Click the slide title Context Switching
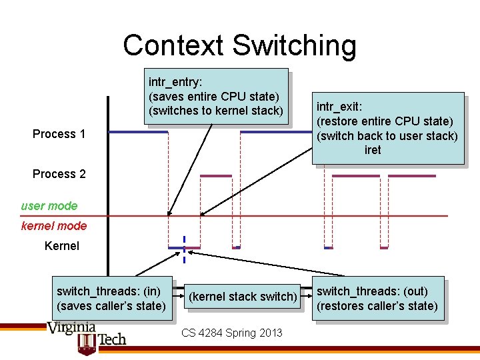coord(239,45)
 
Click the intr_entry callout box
coord(216,97)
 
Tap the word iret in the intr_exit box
coord(373,150)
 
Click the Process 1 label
coord(59,134)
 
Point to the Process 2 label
coord(59,174)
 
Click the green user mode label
coord(49,206)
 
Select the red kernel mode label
coord(54,226)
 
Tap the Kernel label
coord(61,246)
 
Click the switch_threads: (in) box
coord(111,298)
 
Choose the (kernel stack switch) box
coord(243,297)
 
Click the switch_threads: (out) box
coord(377,298)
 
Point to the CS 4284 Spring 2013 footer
coord(231,333)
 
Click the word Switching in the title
coord(295,45)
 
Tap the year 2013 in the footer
coord(270,333)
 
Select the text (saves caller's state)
coord(111,306)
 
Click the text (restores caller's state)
coord(377,306)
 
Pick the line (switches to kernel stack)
coord(216,111)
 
